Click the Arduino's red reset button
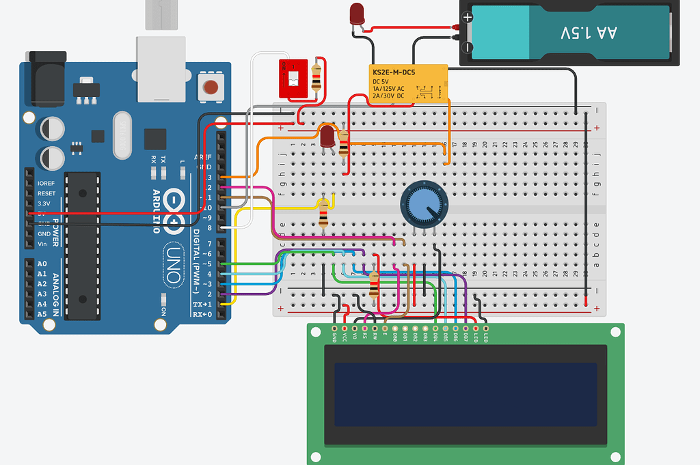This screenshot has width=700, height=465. (x=211, y=87)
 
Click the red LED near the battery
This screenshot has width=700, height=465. (x=357, y=14)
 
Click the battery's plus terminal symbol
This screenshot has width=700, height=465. (x=468, y=18)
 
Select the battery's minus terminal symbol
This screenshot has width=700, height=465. (x=468, y=47)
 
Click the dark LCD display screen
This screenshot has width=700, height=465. (x=466, y=394)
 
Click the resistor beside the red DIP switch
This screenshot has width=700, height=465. (x=316, y=76)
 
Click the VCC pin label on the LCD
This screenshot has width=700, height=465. (x=345, y=337)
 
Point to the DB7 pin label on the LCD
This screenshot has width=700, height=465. (x=466, y=337)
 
